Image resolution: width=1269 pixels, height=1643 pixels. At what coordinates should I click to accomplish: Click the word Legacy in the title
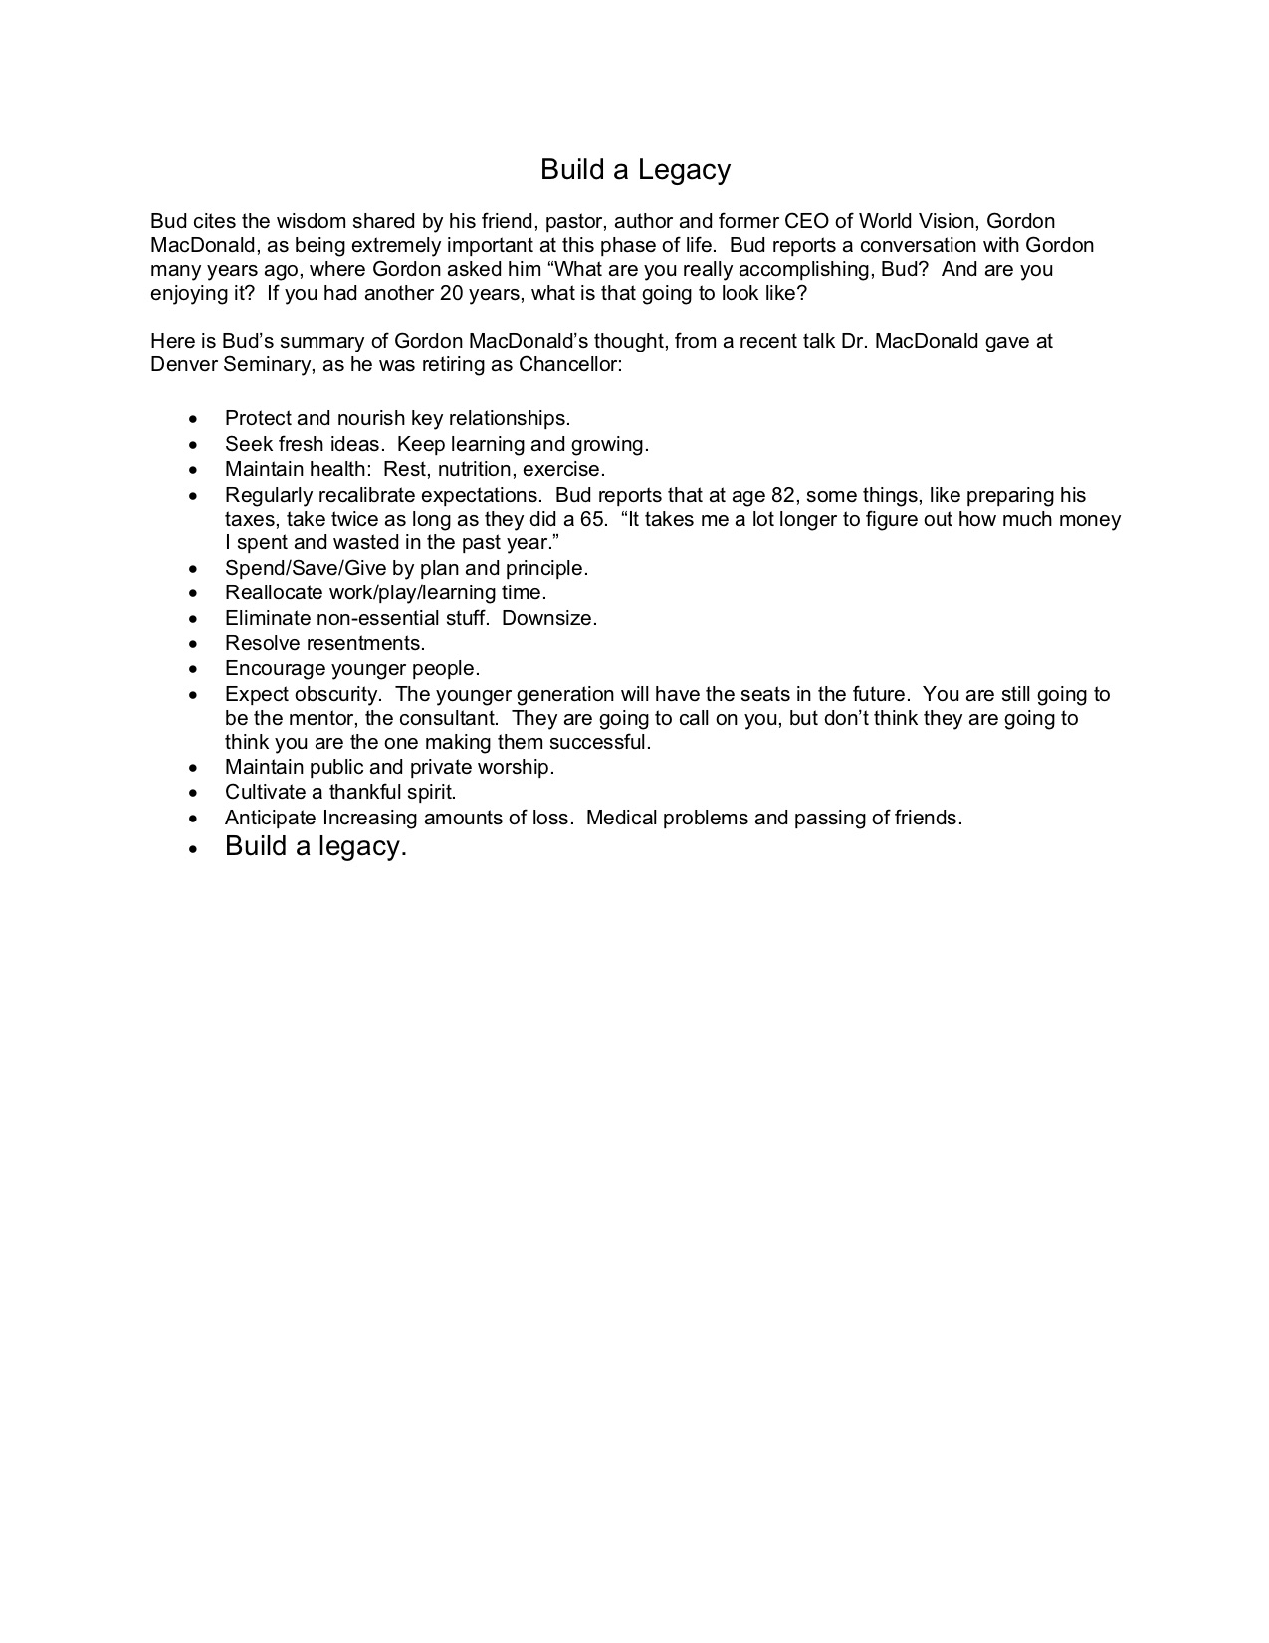tap(684, 170)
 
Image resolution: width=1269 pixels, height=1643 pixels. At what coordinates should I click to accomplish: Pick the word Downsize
tap(548, 618)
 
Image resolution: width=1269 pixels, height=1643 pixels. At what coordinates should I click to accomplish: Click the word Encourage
tap(275, 668)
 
